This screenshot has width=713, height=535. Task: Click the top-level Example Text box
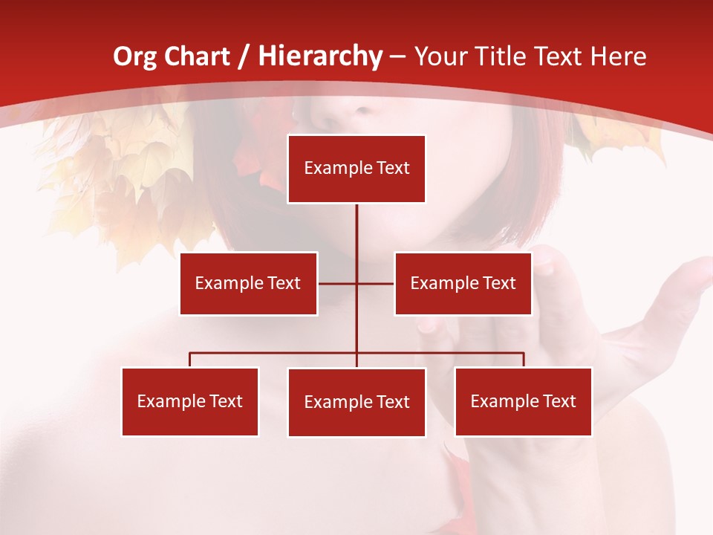(356, 169)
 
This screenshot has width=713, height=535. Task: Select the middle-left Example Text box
(248, 283)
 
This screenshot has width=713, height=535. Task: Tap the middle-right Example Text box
(463, 283)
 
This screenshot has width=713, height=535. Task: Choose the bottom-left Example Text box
(190, 401)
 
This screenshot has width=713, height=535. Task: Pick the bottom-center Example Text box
(356, 402)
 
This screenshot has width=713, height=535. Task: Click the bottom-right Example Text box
(523, 401)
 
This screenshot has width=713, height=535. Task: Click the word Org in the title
(134, 56)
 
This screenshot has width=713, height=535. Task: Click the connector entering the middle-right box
(377, 283)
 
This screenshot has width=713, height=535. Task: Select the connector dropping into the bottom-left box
(190, 360)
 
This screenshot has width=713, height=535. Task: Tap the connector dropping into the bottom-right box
(524, 360)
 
